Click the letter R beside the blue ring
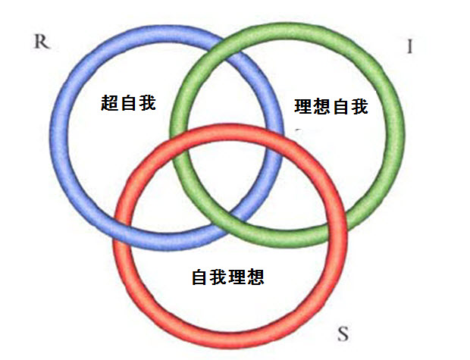(x=42, y=42)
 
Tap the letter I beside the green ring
(x=410, y=47)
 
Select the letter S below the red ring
(x=343, y=333)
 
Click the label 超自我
(x=128, y=102)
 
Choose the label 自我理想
(x=227, y=277)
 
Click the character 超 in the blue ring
(x=110, y=102)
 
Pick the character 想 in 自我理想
(x=255, y=277)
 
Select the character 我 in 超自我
(x=146, y=102)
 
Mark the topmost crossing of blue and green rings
(x=222, y=44)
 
